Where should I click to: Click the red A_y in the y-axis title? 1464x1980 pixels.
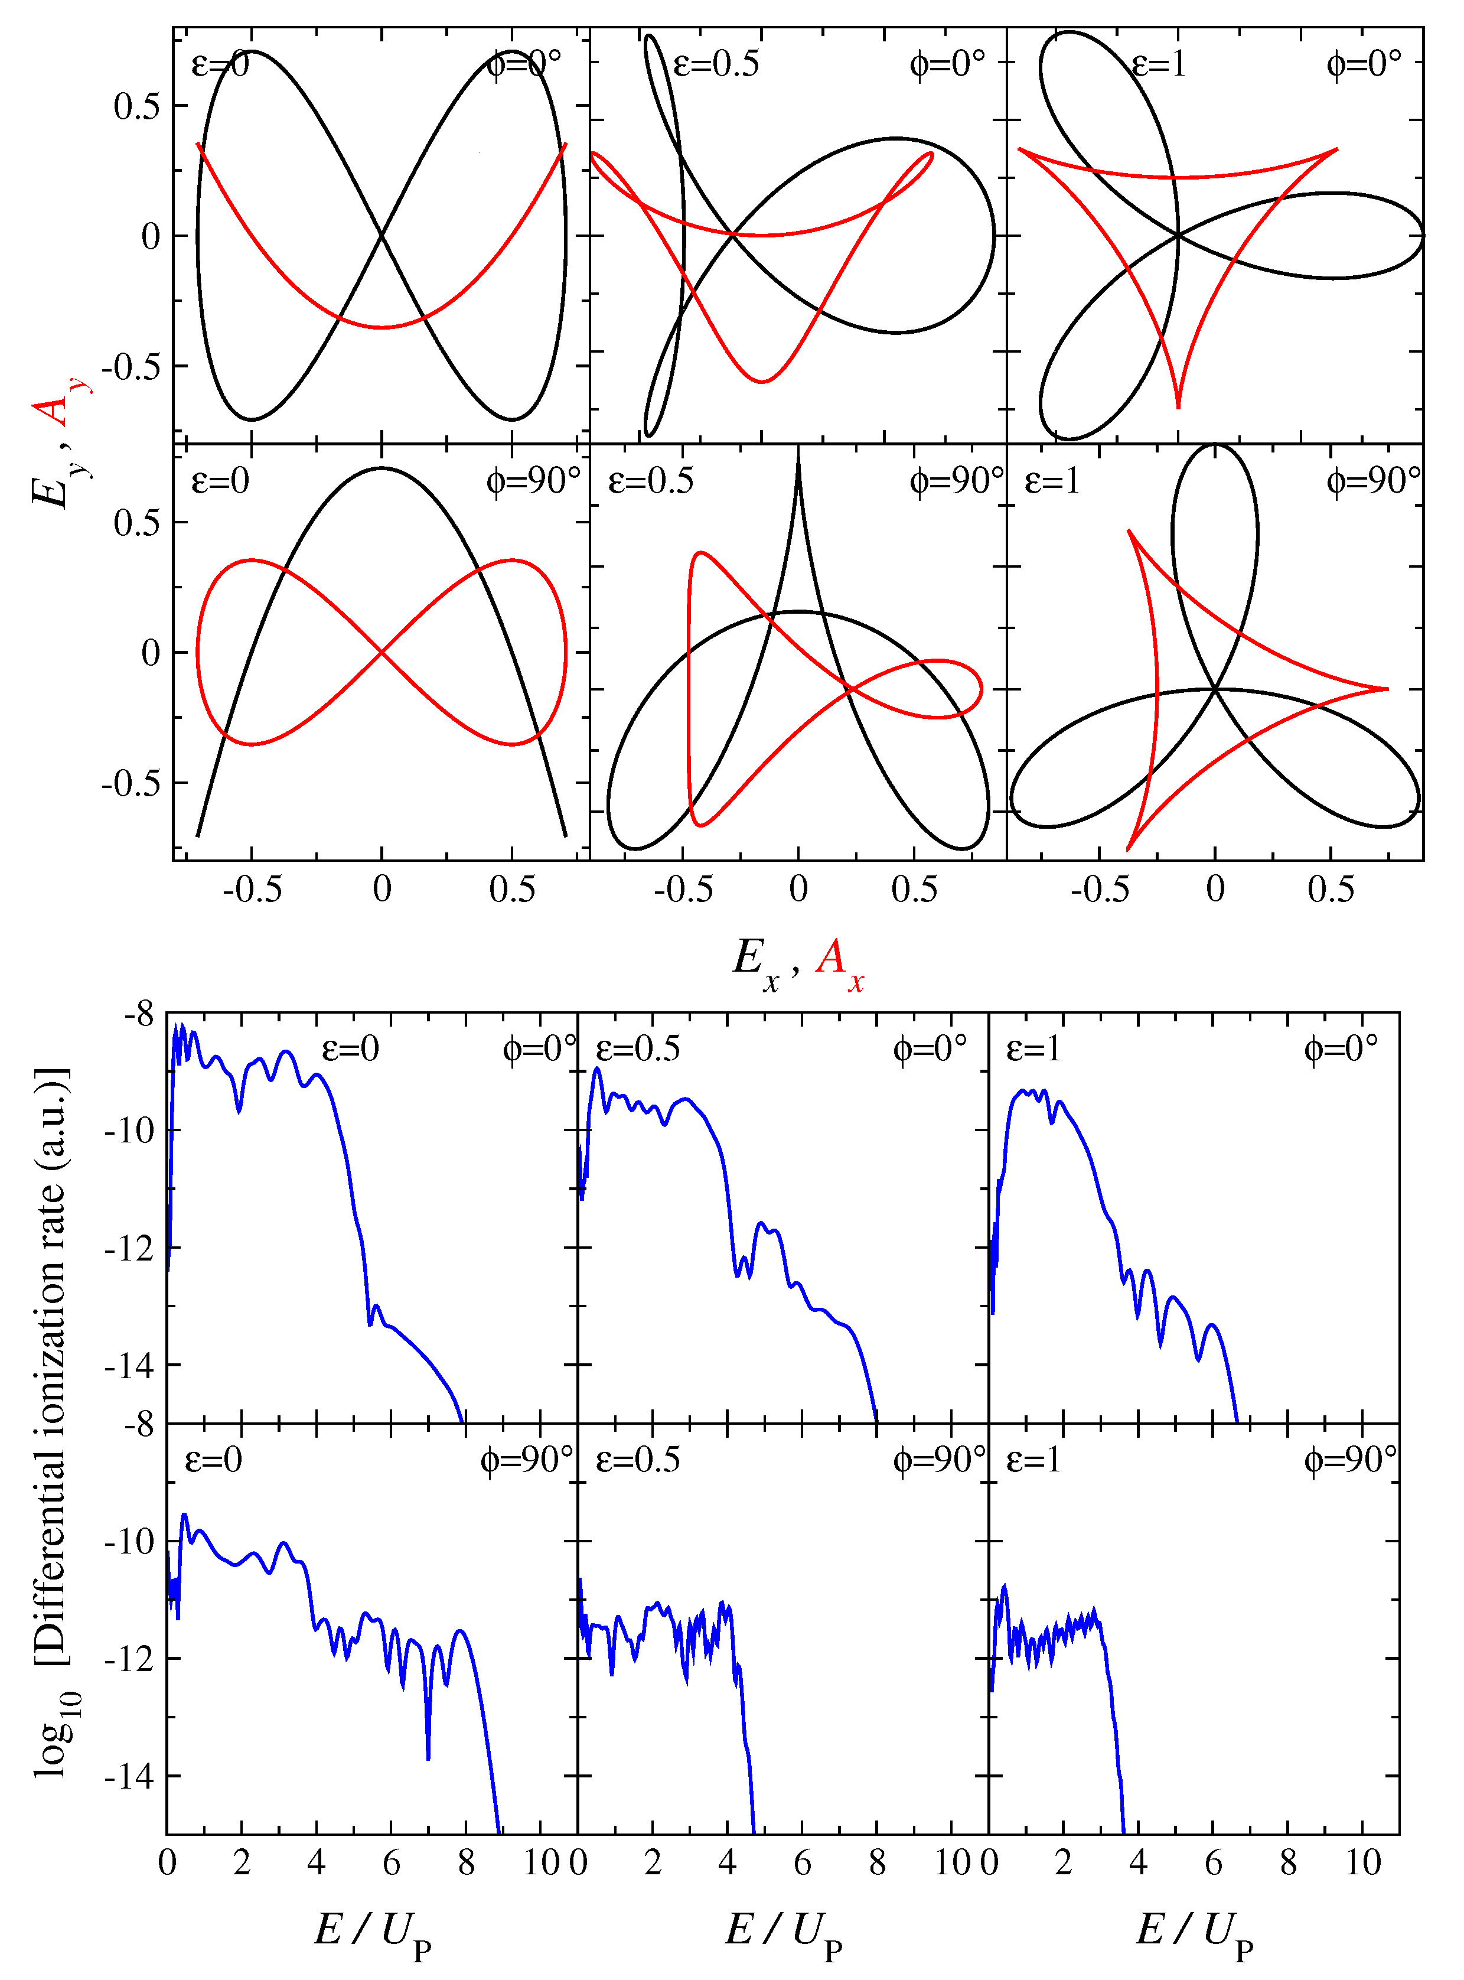[x=55, y=403]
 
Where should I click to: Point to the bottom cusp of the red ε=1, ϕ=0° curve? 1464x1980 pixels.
[x=1178, y=406]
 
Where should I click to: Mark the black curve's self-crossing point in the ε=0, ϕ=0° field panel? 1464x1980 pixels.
[x=382, y=235]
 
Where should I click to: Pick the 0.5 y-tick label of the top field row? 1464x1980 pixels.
[x=138, y=106]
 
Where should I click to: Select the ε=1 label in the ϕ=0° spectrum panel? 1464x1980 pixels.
[x=1033, y=1048]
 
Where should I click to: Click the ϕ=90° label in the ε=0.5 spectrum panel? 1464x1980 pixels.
[x=938, y=1460]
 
